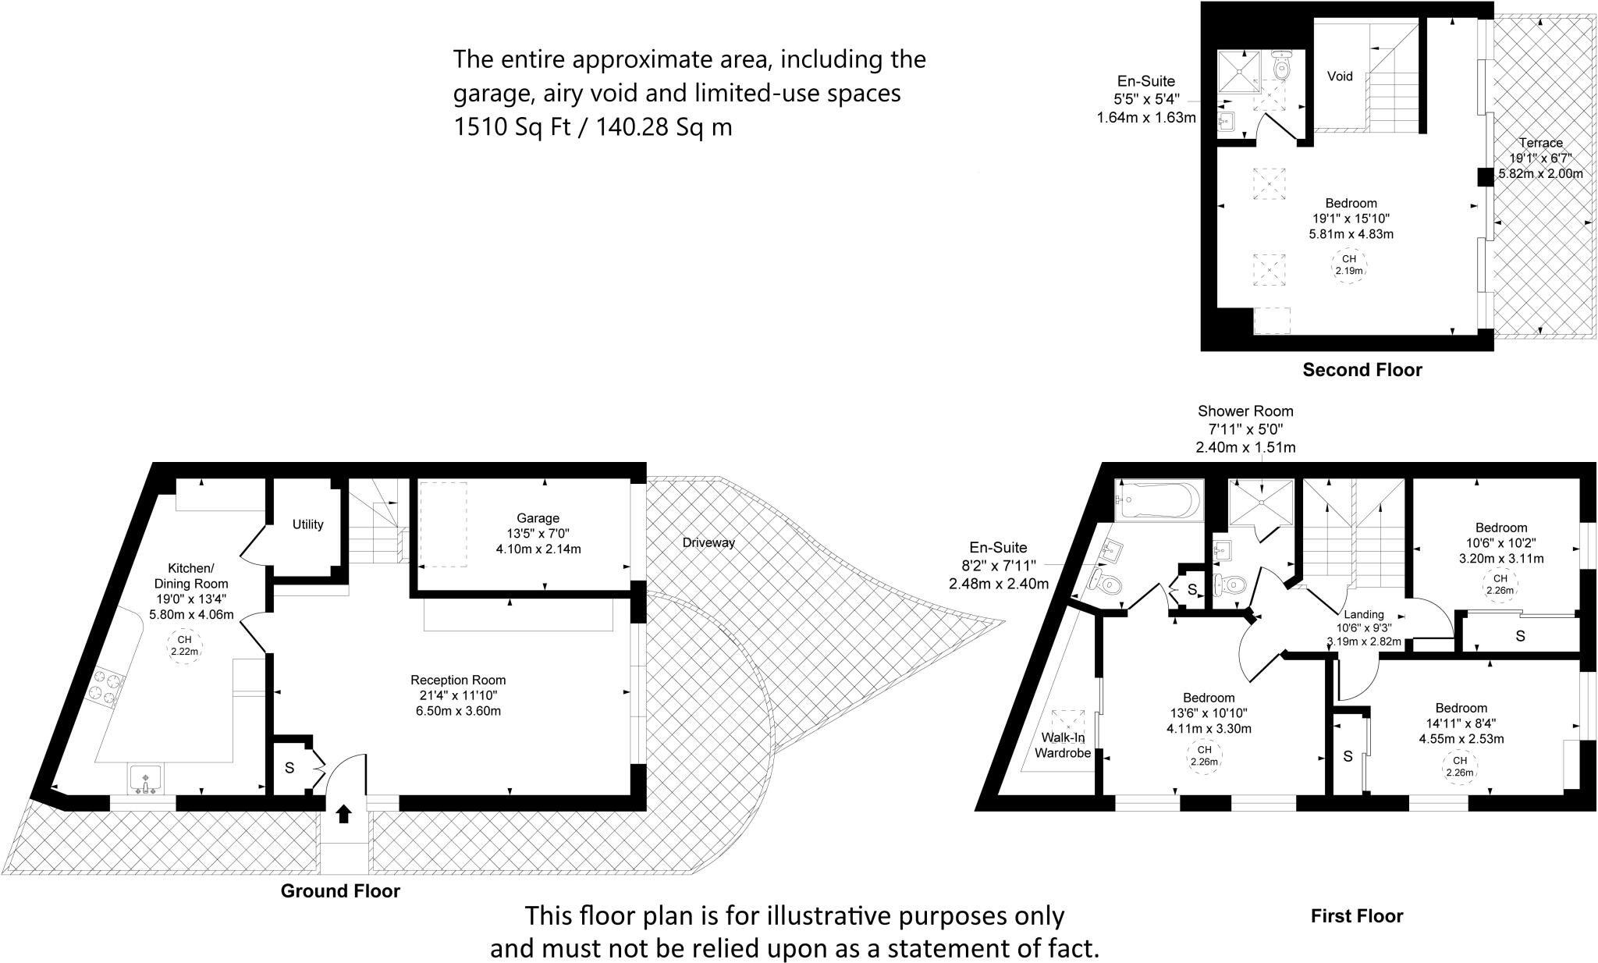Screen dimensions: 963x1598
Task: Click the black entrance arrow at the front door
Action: [x=343, y=814]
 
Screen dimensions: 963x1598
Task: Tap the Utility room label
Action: [x=307, y=524]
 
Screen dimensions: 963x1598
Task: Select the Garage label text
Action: [x=538, y=518]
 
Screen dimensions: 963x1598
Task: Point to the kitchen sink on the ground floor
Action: [x=146, y=779]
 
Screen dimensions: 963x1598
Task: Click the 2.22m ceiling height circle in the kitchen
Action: [x=185, y=645]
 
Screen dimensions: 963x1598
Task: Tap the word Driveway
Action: [x=708, y=542]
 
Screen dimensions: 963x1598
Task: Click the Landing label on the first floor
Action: [x=1364, y=614]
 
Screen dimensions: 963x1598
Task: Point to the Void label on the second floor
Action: [x=1340, y=76]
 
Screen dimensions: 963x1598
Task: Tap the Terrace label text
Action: [x=1540, y=143]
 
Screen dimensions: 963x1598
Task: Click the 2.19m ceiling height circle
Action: [x=1348, y=265]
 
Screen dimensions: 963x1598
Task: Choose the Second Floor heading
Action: [x=1362, y=370]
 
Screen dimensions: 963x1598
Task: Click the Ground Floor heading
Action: [x=340, y=891]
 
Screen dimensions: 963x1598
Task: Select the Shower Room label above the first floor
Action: [x=1245, y=411]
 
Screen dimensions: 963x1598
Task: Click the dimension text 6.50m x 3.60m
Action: [x=458, y=711]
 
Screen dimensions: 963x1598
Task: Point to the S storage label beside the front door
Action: [x=289, y=768]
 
